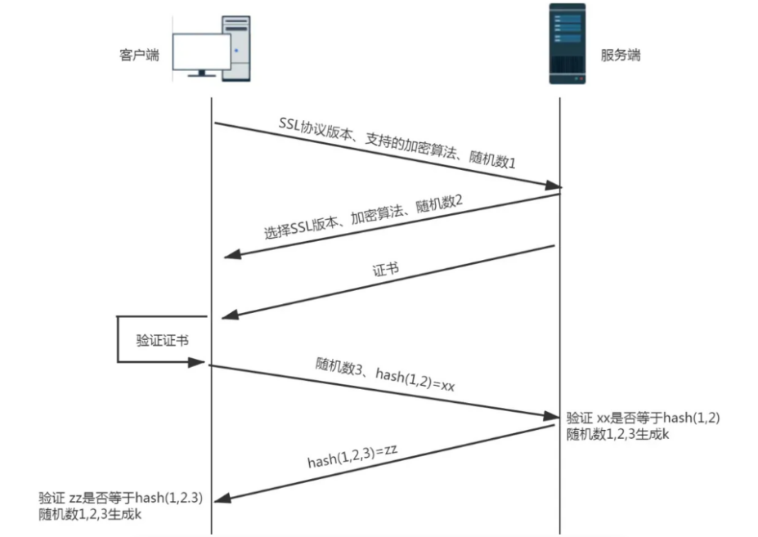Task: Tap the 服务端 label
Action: (621, 56)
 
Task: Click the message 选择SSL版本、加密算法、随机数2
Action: (363, 218)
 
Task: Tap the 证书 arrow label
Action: (385, 270)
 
